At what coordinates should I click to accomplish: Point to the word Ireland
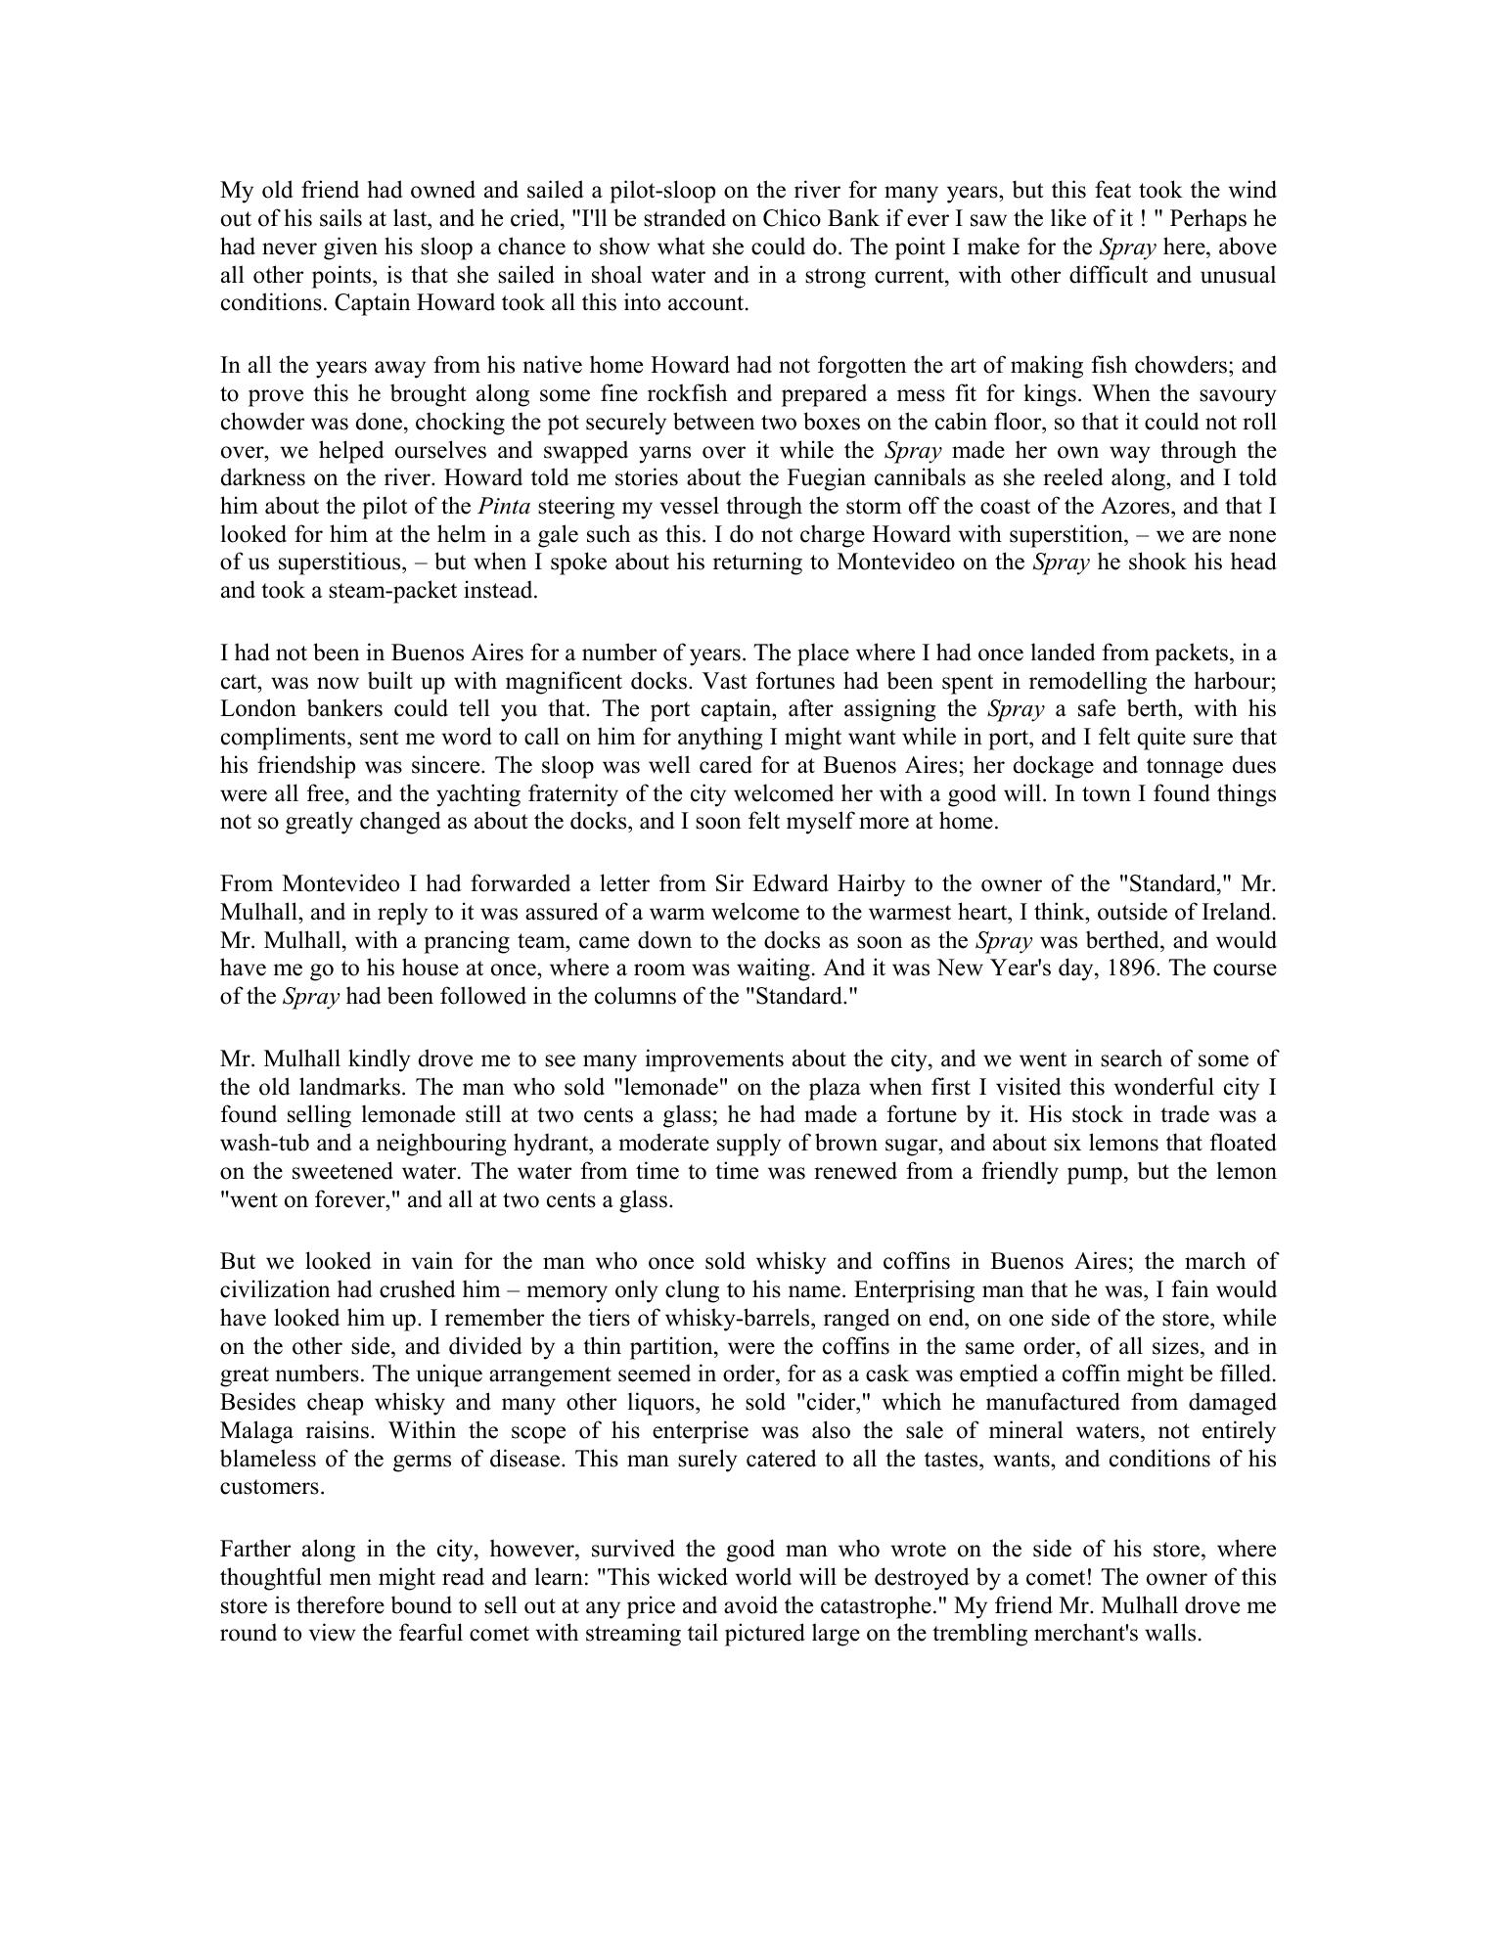[1240, 913]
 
